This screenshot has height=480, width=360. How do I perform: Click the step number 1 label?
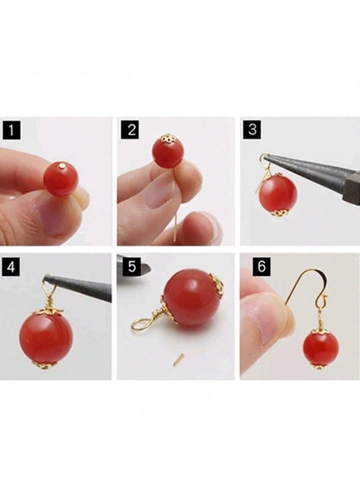point(11,131)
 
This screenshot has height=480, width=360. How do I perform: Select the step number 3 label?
point(252,130)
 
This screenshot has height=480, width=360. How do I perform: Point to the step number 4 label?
point(10,267)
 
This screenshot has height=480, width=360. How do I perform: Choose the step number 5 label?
point(132,266)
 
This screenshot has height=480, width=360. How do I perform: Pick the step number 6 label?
point(261,266)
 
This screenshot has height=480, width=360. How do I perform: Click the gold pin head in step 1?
point(62,166)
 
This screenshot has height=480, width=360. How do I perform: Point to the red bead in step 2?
point(168,152)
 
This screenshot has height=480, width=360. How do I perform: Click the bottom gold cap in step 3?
point(280,212)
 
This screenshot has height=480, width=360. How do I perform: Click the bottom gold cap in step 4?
point(45,365)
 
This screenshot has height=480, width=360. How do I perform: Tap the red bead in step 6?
point(320,349)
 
